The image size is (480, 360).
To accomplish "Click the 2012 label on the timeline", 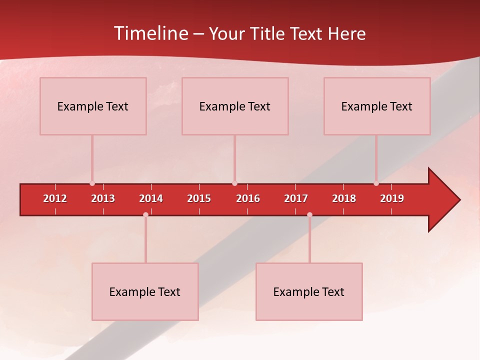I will pyautogui.click(x=55, y=198).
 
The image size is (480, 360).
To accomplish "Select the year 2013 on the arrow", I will pyautogui.click(x=103, y=198).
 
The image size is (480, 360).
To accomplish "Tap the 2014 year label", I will pyautogui.click(x=151, y=198).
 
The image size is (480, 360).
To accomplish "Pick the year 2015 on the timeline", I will pyautogui.click(x=199, y=198).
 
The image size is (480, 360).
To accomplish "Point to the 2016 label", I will pyautogui.click(x=248, y=198).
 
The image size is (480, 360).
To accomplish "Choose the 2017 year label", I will pyautogui.click(x=296, y=198).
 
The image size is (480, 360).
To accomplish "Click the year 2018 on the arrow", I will pyautogui.click(x=344, y=198).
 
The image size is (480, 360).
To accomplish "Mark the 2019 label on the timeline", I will pyautogui.click(x=392, y=198).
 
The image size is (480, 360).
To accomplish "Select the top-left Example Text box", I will pyautogui.click(x=93, y=106).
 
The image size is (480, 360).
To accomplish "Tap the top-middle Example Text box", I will pyautogui.click(x=235, y=106).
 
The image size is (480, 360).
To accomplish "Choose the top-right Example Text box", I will pyautogui.click(x=377, y=106).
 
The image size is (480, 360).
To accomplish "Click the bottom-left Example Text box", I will pyautogui.click(x=145, y=291).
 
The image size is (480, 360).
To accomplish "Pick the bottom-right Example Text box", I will pyautogui.click(x=309, y=291).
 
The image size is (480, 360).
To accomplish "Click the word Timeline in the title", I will pyautogui.click(x=150, y=33).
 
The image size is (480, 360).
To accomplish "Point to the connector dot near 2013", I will pyautogui.click(x=92, y=183).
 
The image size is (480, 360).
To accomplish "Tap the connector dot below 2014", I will pyautogui.click(x=145, y=215).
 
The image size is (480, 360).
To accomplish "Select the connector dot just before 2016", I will pyautogui.click(x=234, y=183).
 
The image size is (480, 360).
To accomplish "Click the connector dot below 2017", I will pyautogui.click(x=309, y=215).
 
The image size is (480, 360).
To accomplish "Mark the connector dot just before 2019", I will pyautogui.click(x=376, y=183).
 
